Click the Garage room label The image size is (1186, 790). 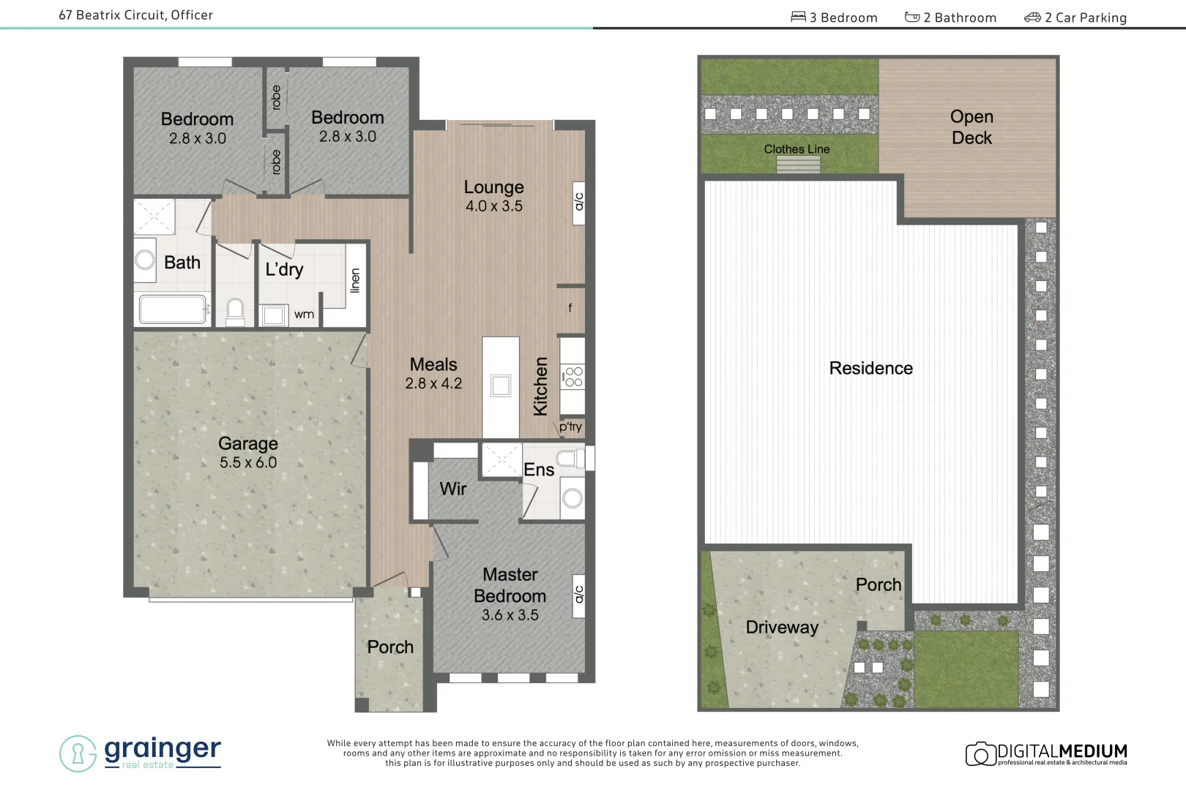(248, 443)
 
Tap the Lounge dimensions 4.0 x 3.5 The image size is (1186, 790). (494, 206)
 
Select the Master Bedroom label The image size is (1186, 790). (510, 585)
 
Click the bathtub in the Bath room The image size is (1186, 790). (173, 309)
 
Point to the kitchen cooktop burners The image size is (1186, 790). (573, 377)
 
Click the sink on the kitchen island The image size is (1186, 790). (501, 385)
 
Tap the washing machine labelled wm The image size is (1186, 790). (274, 315)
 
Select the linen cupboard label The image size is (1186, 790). (356, 280)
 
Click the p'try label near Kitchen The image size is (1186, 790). (570, 426)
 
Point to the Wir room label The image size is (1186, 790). (453, 489)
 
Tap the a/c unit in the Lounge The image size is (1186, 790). (578, 202)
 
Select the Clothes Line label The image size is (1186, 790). (797, 149)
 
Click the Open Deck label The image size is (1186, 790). (971, 127)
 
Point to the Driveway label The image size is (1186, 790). (782, 627)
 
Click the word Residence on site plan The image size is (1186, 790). (870, 368)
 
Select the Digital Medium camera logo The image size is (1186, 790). (981, 753)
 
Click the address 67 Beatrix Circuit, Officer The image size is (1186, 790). (136, 15)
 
